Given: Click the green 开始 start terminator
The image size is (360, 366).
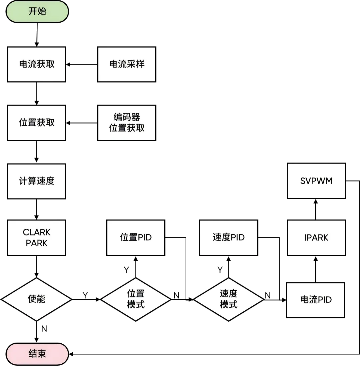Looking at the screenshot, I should click(37, 11).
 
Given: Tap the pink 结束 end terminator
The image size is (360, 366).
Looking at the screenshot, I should click(37, 354).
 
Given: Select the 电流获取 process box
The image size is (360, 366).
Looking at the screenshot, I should click(37, 64).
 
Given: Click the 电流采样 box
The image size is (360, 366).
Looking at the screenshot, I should click(127, 64).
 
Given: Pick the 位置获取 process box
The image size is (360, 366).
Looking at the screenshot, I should click(37, 123).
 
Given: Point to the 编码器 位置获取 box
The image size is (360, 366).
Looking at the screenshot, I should click(127, 123).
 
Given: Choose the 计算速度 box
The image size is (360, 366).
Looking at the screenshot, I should click(37, 181).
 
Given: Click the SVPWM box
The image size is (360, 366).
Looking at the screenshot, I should click(316, 181).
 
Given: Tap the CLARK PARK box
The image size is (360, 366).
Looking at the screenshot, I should click(37, 237).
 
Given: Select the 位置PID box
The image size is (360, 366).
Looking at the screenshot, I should click(136, 237).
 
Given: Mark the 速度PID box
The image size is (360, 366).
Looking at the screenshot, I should click(228, 237).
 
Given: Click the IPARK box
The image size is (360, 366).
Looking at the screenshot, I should click(316, 237).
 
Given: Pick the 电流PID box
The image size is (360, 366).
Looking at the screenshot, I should click(316, 300).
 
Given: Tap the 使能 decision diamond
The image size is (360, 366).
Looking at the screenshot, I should click(36, 299).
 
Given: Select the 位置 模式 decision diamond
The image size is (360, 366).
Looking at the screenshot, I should click(136, 299).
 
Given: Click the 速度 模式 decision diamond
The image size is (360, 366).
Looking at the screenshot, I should click(228, 299).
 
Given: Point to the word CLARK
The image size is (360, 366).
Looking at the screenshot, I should click(37, 232).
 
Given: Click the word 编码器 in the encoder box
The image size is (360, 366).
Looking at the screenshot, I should click(127, 117).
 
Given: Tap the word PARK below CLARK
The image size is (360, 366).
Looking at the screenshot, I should click(37, 243).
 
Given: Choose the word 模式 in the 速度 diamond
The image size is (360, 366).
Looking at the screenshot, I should click(228, 304).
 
